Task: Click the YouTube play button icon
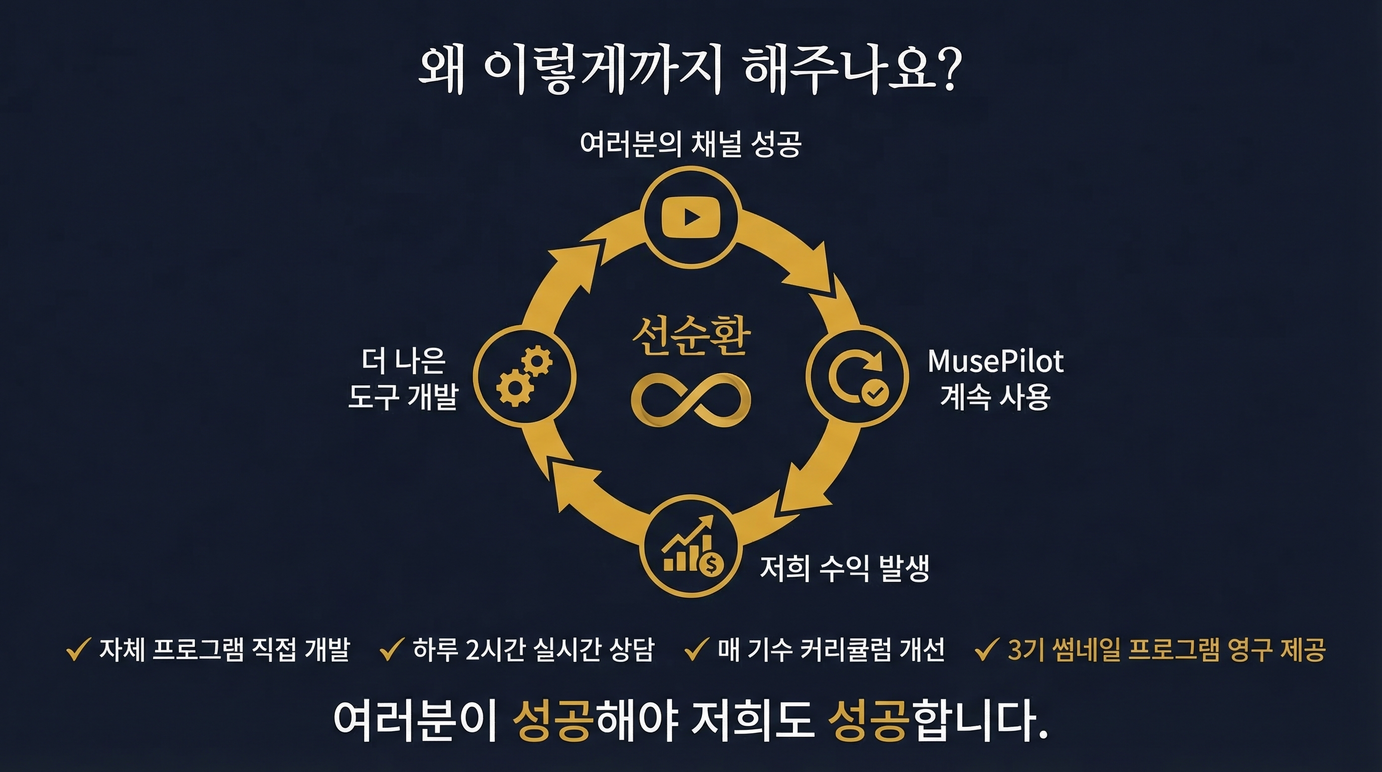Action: click(x=692, y=217)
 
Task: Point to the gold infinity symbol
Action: click(x=691, y=401)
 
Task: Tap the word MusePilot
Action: click(x=995, y=361)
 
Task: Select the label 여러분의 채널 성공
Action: click(x=690, y=144)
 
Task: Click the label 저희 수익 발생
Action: click(x=845, y=568)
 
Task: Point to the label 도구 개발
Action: click(x=403, y=397)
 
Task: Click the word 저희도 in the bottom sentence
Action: click(x=753, y=720)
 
